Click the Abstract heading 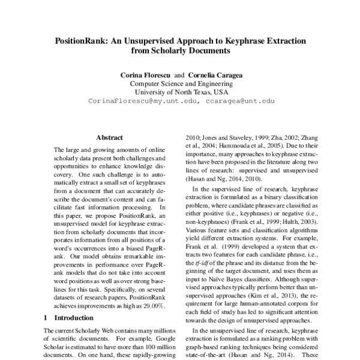point(110,137)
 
